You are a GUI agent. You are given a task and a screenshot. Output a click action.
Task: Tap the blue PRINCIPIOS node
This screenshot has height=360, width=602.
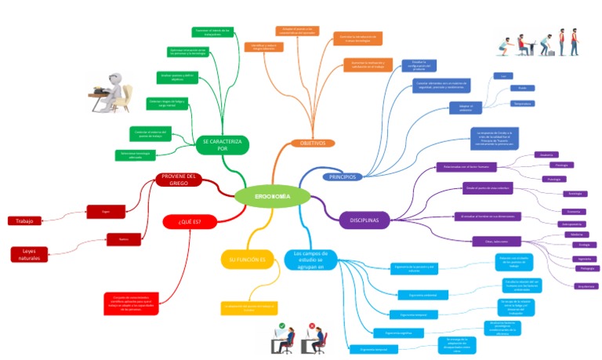(342, 177)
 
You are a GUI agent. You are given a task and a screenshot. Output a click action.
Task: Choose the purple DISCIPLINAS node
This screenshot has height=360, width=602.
(364, 220)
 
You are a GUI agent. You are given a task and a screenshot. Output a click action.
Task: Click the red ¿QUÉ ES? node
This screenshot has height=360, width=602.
(189, 222)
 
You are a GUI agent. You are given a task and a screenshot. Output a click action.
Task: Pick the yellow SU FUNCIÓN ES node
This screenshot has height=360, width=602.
(247, 260)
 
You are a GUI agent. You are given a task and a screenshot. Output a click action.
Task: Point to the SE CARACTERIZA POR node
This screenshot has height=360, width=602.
(222, 144)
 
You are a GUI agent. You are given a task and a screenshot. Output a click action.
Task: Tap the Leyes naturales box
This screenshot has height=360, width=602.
(29, 254)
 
